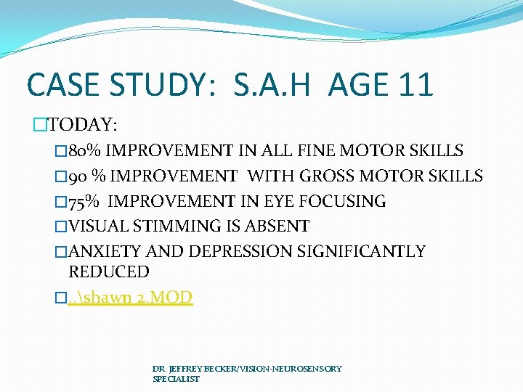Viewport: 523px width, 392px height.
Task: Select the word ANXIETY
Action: [106, 251]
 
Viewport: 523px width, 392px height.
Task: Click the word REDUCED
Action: [108, 272]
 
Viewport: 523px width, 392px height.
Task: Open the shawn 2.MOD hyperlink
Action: [131, 298]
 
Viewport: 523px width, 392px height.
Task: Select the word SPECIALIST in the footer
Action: [176, 379]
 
